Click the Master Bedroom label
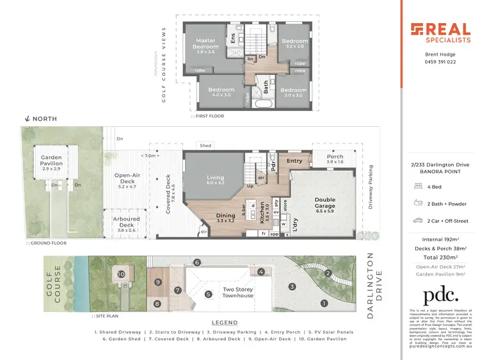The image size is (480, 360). click(205, 44)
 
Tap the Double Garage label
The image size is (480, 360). click(324, 203)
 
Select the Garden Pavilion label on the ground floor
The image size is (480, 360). click(51, 161)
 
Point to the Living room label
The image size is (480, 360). click(214, 179)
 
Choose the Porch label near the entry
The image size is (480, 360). click(335, 157)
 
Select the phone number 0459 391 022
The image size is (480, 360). click(440, 62)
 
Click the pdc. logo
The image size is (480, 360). click(440, 295)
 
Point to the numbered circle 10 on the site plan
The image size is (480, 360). click(122, 274)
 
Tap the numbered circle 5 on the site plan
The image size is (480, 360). click(207, 295)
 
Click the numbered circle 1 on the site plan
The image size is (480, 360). click(324, 303)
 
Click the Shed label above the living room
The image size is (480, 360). click(205, 146)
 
